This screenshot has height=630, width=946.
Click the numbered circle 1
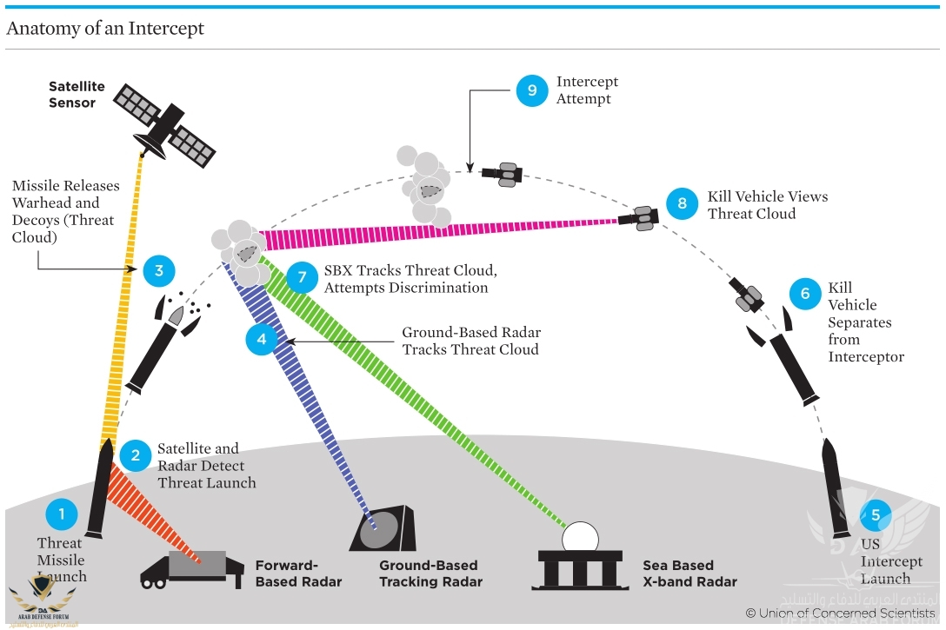tap(62, 514)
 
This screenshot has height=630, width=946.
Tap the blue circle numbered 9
tap(532, 90)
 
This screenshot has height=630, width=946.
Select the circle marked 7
tap(302, 277)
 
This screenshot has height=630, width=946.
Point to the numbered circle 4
tap(262, 339)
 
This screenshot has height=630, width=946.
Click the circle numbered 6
tap(805, 294)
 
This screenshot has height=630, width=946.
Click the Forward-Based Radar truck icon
tap(191, 569)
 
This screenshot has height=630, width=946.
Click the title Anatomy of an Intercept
tap(105, 29)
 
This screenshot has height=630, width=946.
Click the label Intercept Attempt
tap(587, 90)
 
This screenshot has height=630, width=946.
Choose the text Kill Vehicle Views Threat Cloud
tap(767, 205)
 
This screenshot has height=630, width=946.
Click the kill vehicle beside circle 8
tap(642, 217)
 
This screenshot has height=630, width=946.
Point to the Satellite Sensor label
tap(77, 95)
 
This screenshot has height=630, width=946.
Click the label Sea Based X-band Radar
tap(690, 574)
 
